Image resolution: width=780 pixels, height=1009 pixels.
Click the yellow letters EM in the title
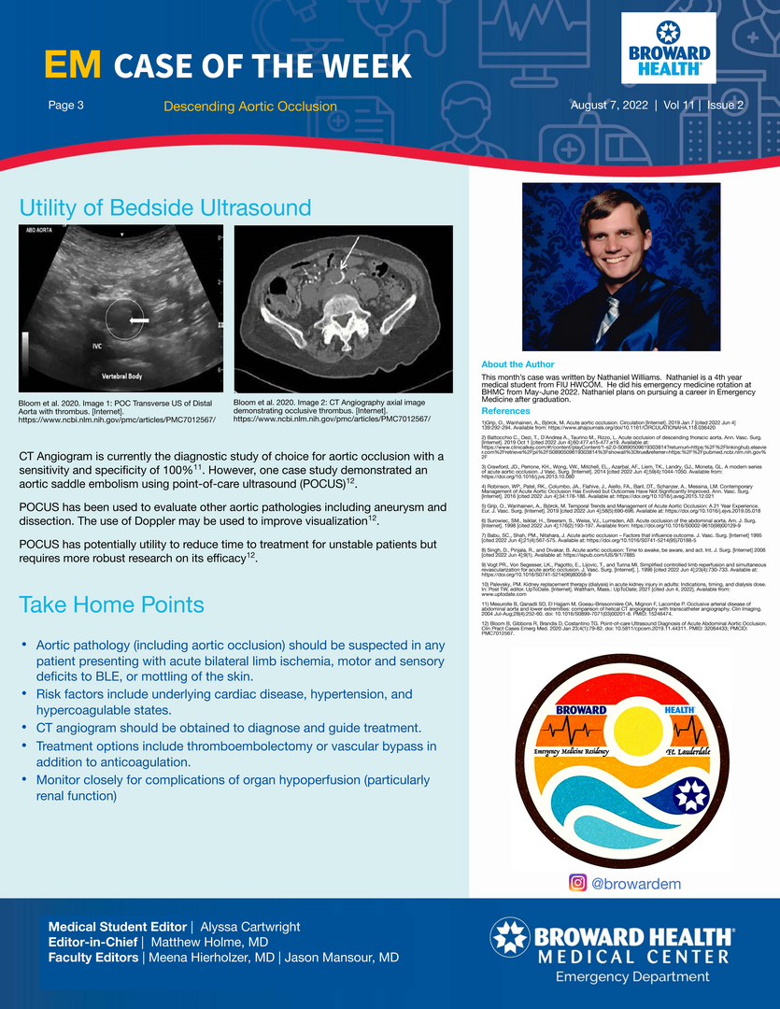click(x=74, y=64)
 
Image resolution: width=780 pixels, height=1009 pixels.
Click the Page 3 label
click(x=66, y=106)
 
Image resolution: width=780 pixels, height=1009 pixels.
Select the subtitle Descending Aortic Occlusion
click(x=249, y=107)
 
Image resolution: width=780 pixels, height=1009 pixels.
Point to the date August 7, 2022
click(x=611, y=106)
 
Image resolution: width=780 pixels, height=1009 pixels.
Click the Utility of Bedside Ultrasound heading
click(x=165, y=206)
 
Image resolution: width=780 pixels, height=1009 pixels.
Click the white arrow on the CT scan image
click(x=348, y=253)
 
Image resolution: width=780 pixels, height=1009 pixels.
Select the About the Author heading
click(x=517, y=364)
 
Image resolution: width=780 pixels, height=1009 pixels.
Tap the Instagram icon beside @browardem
click(x=577, y=882)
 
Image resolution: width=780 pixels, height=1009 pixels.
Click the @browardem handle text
click(x=639, y=882)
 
